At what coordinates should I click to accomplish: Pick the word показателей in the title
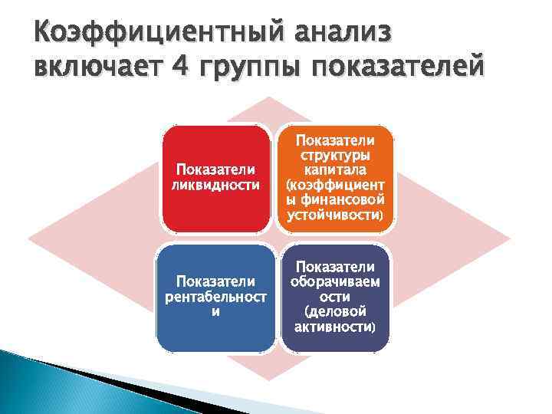pyautogui.click(x=396, y=71)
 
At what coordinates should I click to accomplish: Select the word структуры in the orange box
pyautogui.click(x=334, y=156)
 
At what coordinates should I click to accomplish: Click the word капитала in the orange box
pyautogui.click(x=334, y=170)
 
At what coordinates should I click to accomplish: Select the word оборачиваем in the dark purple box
pyautogui.click(x=334, y=281)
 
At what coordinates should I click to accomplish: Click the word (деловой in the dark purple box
pyautogui.click(x=334, y=312)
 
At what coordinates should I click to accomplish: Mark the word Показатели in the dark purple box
pyautogui.click(x=334, y=267)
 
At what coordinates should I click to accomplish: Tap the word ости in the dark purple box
pyautogui.click(x=334, y=297)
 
